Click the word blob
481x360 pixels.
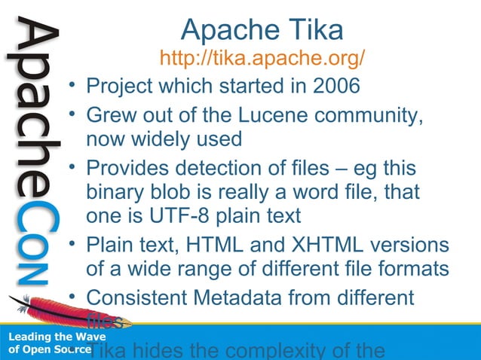[x=173, y=191]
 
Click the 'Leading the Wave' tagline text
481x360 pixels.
[x=46, y=337]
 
